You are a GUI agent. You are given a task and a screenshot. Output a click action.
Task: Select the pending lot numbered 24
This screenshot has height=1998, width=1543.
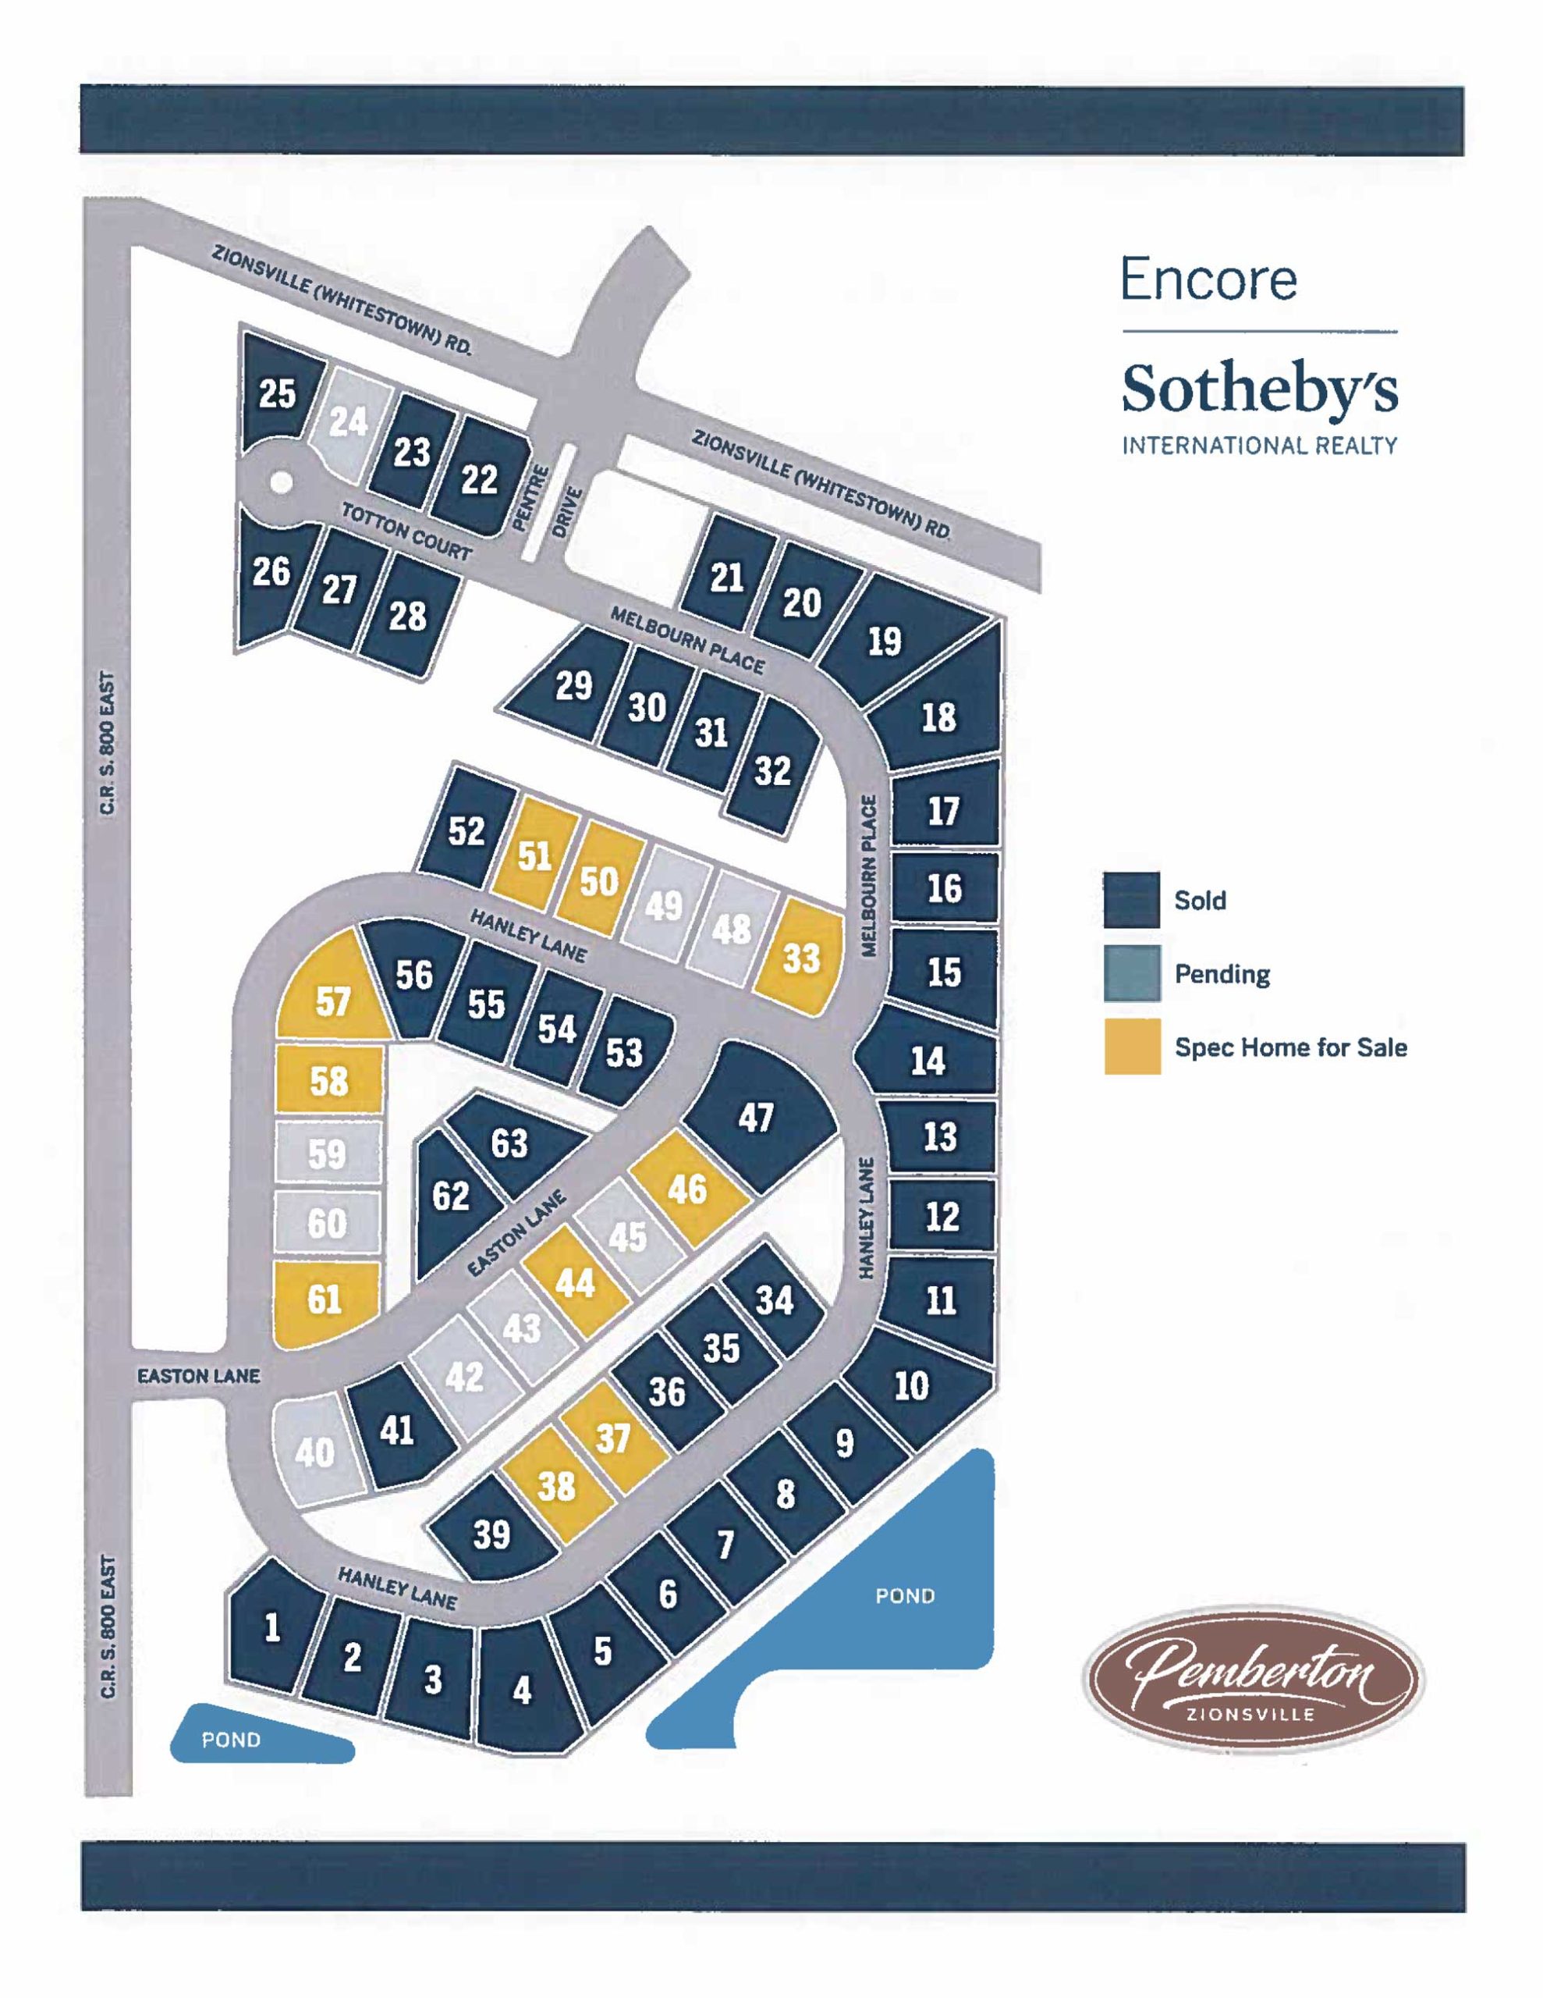tap(349, 423)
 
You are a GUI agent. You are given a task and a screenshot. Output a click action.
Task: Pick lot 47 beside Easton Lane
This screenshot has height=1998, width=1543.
tap(757, 1117)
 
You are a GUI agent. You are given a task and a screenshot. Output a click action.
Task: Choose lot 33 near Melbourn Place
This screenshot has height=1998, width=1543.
tap(800, 958)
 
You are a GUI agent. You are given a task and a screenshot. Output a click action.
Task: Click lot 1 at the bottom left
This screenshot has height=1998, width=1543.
tap(271, 1627)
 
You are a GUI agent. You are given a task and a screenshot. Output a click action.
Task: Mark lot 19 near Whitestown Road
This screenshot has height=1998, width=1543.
tap(885, 642)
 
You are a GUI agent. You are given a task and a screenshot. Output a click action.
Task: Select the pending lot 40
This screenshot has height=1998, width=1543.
tap(314, 1452)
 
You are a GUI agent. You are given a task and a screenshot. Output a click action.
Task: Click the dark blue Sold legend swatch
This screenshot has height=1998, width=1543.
tap(1131, 900)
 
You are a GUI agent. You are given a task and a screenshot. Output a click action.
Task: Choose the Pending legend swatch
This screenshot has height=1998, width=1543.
tap(1131, 973)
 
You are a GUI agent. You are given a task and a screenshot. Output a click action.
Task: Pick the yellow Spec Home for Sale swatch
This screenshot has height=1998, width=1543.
tap(1131, 1047)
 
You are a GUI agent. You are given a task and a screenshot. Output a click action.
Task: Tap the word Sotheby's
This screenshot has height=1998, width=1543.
tap(1260, 391)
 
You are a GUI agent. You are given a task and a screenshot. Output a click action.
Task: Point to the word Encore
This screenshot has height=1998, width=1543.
tap(1208, 279)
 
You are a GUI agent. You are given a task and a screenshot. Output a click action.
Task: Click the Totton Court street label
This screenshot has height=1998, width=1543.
tap(407, 531)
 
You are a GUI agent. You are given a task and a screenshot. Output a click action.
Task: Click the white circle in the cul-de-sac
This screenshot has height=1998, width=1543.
tap(282, 482)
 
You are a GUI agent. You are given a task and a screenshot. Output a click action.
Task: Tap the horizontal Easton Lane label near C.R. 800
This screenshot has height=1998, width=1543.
tap(198, 1375)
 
